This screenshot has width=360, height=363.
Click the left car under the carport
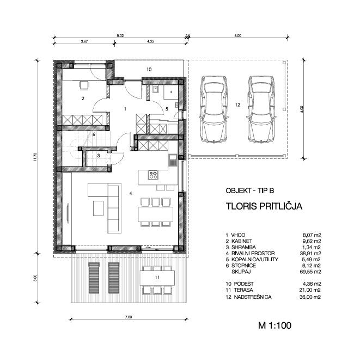(x=213, y=109)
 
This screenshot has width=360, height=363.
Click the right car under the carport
(x=261, y=109)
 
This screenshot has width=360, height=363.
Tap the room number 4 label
(x=131, y=193)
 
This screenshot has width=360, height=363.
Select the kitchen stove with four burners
(x=153, y=175)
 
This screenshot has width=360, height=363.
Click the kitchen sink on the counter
(x=173, y=160)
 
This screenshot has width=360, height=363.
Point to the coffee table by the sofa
(x=98, y=208)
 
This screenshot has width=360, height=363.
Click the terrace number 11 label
(x=157, y=278)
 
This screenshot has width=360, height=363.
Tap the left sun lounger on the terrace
(x=94, y=278)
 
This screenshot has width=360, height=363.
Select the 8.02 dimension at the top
(x=120, y=36)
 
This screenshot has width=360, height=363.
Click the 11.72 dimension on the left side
(x=35, y=157)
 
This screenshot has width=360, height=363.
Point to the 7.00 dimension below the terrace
(x=128, y=317)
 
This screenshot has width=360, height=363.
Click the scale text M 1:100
(x=274, y=325)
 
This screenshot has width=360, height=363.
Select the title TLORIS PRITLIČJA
(x=264, y=206)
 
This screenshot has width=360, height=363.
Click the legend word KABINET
(x=242, y=241)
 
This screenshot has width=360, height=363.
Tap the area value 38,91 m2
(x=310, y=253)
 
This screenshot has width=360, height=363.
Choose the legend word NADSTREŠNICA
(x=253, y=297)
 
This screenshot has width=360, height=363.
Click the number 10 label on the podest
(x=149, y=69)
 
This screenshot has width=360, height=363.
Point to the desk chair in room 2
(x=84, y=85)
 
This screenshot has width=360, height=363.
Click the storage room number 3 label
(x=99, y=156)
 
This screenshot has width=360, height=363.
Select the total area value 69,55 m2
(x=310, y=272)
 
